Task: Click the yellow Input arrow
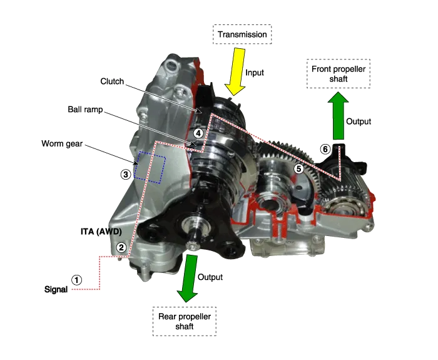(235, 72)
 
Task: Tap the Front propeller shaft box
(339, 74)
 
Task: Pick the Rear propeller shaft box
(185, 321)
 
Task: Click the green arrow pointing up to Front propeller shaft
(339, 115)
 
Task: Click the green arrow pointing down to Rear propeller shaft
(188, 279)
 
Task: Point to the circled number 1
(76, 280)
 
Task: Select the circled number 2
(121, 247)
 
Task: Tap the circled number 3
(126, 175)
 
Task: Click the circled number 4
(198, 133)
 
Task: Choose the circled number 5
(299, 168)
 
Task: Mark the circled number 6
(325, 149)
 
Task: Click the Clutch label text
(112, 81)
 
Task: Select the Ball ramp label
(85, 110)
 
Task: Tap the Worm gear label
(62, 143)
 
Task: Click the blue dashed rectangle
(150, 167)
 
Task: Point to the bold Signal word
(56, 289)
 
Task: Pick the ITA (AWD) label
(101, 232)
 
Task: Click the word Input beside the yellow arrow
(255, 73)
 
